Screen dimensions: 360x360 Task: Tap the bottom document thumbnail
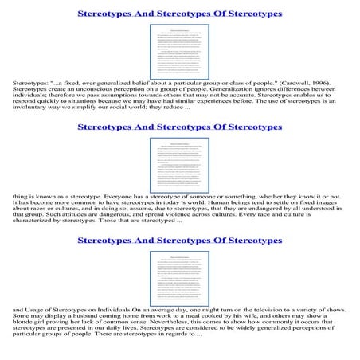(180, 271)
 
